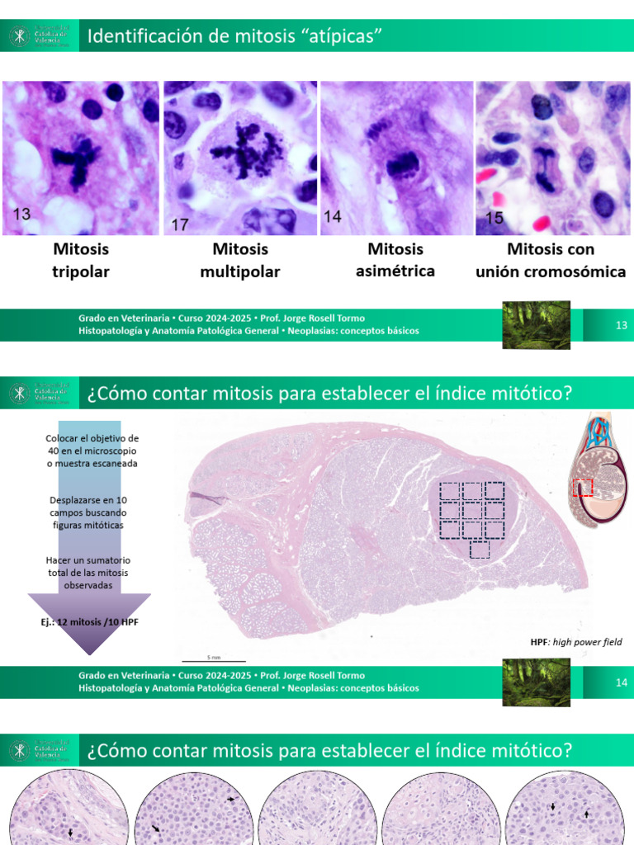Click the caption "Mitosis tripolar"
(81, 260)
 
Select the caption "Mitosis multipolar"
(240, 260)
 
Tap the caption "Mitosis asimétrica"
(395, 259)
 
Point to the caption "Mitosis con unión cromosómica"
(551, 260)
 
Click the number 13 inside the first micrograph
(21, 215)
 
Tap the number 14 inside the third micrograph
(333, 217)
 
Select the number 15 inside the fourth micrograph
(494, 219)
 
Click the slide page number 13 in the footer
(622, 325)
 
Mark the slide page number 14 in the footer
(622, 682)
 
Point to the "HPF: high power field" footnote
(575, 642)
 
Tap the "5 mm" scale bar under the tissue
(213, 659)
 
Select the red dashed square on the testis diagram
(582, 488)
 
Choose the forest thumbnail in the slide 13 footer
(536, 324)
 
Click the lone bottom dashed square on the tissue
(480, 549)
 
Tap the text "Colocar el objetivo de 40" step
(92, 450)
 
